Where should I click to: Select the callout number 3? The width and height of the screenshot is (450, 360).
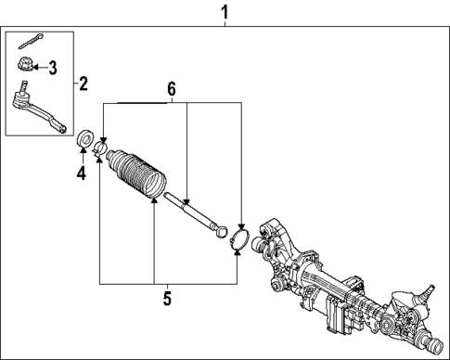pyautogui.click(x=52, y=67)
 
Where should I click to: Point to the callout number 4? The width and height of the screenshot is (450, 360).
pyautogui.click(x=82, y=173)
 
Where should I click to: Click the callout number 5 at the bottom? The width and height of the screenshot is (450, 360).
pyautogui.click(x=167, y=299)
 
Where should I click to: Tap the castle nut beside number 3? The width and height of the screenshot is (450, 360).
pyautogui.click(x=25, y=66)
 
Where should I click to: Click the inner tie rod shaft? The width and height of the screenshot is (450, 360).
pyautogui.click(x=190, y=210)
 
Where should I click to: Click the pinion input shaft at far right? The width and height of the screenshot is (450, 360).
pyautogui.click(x=431, y=298)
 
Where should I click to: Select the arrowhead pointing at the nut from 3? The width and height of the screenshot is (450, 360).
pyautogui.click(x=36, y=67)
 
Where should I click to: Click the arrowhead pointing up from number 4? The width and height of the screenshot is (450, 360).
pyautogui.click(x=82, y=154)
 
